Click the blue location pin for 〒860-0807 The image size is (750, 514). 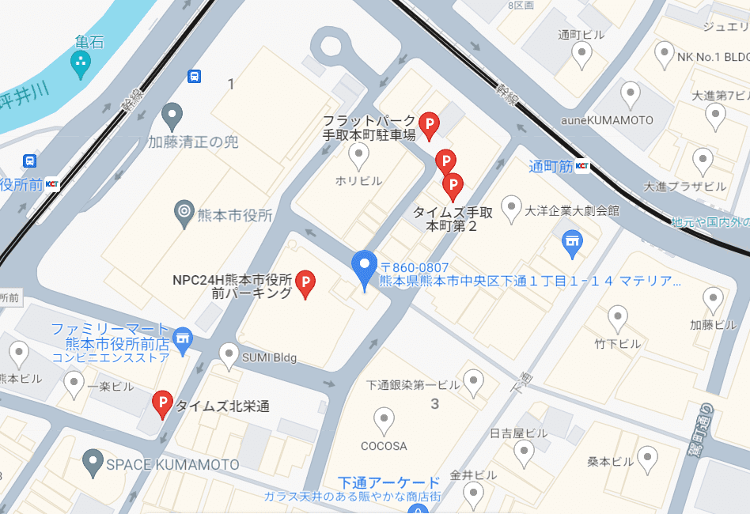364,267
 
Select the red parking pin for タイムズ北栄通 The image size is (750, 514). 162,403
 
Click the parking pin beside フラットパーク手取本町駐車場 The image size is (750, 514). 428,123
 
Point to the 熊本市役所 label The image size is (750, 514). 234,214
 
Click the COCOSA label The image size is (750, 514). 384,446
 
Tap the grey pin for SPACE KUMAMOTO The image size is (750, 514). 93,462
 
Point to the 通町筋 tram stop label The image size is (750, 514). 551,166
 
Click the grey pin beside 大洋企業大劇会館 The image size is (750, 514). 512,207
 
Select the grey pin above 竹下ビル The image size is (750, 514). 618,318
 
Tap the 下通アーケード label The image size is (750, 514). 388,482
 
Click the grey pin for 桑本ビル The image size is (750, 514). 648,458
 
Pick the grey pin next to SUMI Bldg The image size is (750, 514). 229,355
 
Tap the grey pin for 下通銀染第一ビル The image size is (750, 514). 473,382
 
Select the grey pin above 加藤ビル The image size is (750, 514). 713,299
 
